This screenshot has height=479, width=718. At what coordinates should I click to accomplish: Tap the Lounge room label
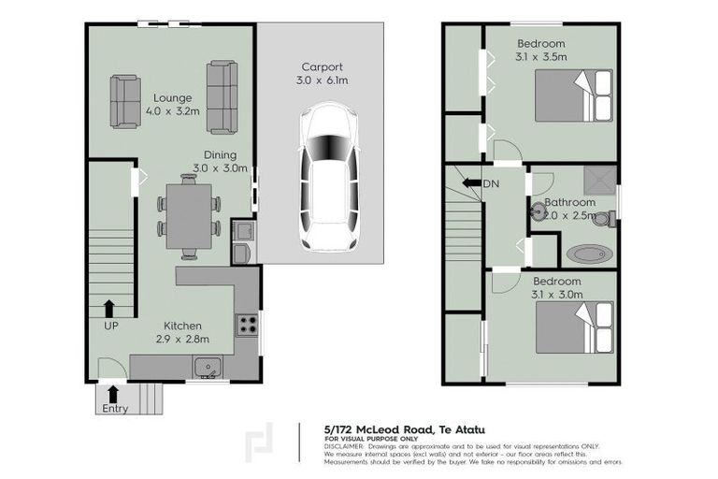[173, 97]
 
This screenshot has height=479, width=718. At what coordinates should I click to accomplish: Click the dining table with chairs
[190, 216]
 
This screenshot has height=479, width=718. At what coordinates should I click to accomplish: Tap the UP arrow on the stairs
[109, 307]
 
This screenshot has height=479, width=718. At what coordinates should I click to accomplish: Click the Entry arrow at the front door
[114, 393]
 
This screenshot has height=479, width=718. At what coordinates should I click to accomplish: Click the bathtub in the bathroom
[587, 253]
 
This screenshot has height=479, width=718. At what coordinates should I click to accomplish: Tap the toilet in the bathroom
[604, 219]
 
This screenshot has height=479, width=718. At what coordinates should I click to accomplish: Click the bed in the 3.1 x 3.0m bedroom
[574, 327]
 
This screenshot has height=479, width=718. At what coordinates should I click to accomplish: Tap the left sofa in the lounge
[126, 102]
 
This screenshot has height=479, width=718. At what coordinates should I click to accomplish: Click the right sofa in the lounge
[222, 97]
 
